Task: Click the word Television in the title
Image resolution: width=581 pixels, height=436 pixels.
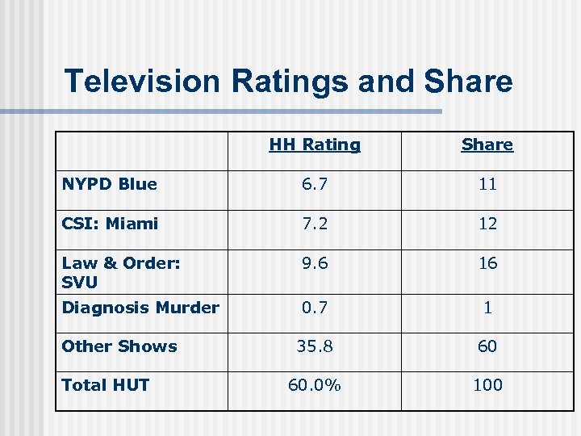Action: pyautogui.click(x=142, y=82)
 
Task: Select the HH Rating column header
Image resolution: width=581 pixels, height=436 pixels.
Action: pyautogui.click(x=315, y=145)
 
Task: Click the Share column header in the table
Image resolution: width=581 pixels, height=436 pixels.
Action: pyautogui.click(x=487, y=145)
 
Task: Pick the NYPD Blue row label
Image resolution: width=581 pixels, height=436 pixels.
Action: pyautogui.click(x=109, y=184)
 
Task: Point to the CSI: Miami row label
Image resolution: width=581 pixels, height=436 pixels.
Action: pyautogui.click(x=110, y=224)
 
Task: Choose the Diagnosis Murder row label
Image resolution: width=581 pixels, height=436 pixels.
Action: pyautogui.click(x=140, y=308)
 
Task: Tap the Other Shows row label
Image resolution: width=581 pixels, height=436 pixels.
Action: pyautogui.click(x=119, y=346)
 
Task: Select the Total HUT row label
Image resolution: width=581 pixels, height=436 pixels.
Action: pyautogui.click(x=106, y=385)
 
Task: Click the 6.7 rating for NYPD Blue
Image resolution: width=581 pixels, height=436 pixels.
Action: pyautogui.click(x=315, y=184)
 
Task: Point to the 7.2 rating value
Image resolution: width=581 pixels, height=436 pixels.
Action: pyautogui.click(x=315, y=224)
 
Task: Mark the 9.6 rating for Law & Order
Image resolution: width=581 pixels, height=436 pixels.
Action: pyautogui.click(x=315, y=263)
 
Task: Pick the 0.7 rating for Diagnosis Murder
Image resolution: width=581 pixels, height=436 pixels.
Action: pyautogui.click(x=315, y=308)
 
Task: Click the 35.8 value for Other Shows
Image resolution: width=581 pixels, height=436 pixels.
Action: pyautogui.click(x=315, y=346)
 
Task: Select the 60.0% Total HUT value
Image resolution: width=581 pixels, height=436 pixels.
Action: pyautogui.click(x=315, y=385)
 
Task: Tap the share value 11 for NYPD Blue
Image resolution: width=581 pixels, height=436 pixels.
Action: pyautogui.click(x=487, y=184)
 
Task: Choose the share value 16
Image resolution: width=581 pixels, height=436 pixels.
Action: pyautogui.click(x=487, y=263)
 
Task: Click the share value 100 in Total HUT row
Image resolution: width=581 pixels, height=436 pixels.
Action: pyautogui.click(x=487, y=385)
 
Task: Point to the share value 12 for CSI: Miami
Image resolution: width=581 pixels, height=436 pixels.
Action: pyautogui.click(x=487, y=224)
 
